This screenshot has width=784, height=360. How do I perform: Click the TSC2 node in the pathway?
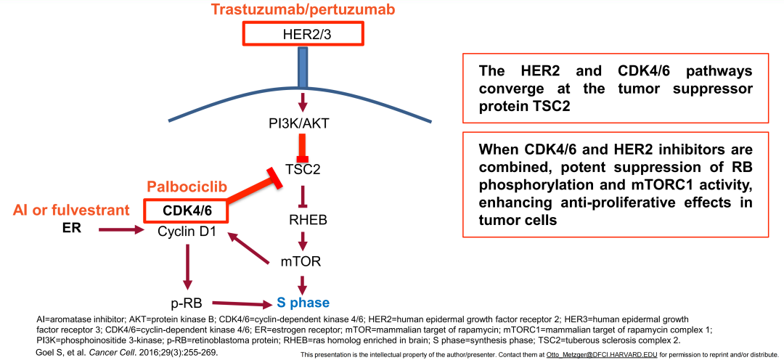303,169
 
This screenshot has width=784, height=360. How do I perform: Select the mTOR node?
301,261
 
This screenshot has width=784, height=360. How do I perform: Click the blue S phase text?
303,303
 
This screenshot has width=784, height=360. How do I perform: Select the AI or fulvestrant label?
71,210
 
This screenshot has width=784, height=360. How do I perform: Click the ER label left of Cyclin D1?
71,229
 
